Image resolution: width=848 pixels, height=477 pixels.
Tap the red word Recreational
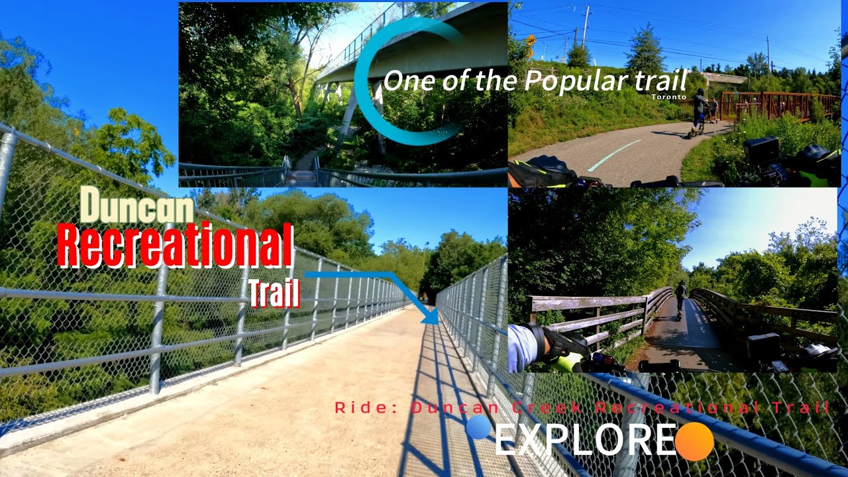(175, 245)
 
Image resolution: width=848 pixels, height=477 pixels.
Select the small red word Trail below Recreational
(274, 294)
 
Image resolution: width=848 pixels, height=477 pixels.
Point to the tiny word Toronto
(668, 97)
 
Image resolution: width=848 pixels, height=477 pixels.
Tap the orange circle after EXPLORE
(694, 441)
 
